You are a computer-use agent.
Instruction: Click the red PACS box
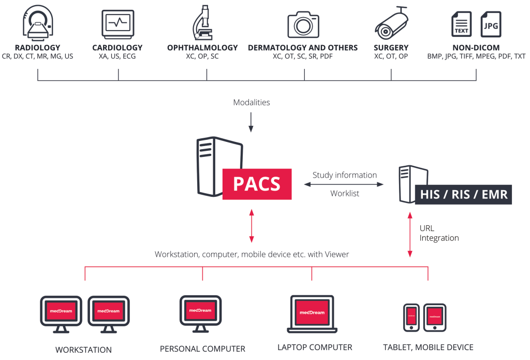tap(257, 184)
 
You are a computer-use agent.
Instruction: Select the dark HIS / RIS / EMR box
tap(463, 194)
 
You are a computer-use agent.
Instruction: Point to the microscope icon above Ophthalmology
tap(202, 23)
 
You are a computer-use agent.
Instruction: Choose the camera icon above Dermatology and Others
tap(303, 24)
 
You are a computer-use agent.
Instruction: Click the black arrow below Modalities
tap(251, 121)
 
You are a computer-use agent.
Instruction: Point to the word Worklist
tap(345, 193)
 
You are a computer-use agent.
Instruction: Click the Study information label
tap(345, 175)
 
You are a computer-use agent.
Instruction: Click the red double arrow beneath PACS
tap(252, 225)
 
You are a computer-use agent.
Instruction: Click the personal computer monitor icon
tap(200, 312)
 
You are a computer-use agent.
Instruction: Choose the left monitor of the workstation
tap(61, 313)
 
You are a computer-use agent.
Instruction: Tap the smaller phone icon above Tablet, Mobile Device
tap(411, 316)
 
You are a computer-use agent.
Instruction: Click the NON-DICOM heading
tap(476, 48)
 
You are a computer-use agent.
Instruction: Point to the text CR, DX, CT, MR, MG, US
tap(38, 56)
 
